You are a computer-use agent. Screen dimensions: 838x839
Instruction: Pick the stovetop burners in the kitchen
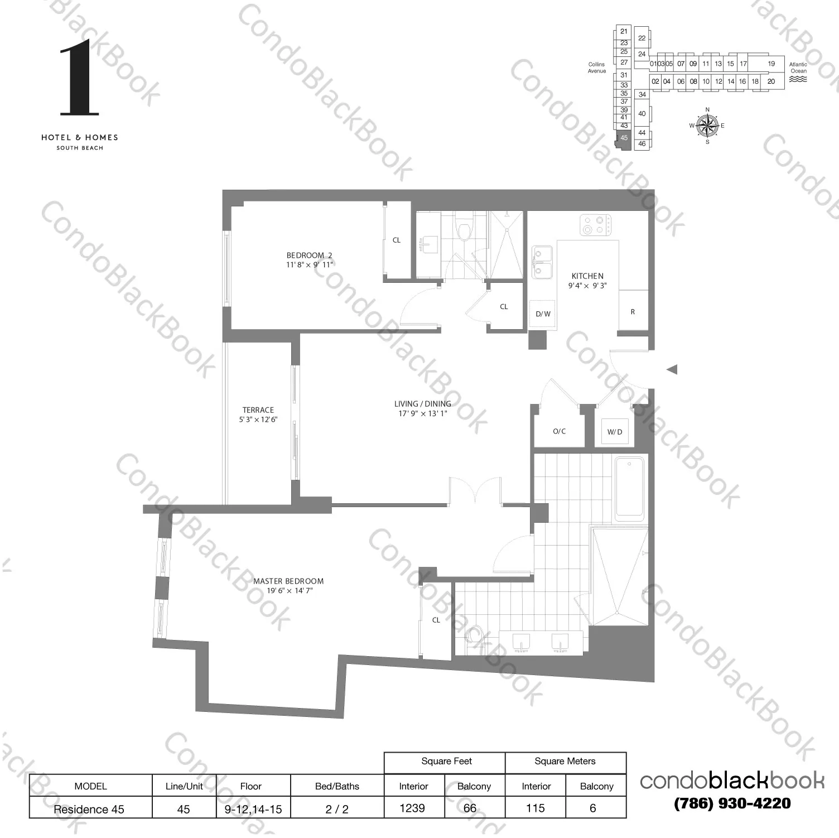pyautogui.click(x=595, y=225)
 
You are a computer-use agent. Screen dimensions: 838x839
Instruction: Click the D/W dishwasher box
pyautogui.click(x=543, y=314)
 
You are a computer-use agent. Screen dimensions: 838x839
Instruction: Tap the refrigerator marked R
pyautogui.click(x=633, y=311)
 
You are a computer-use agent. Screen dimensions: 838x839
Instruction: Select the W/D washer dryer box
pyautogui.click(x=614, y=432)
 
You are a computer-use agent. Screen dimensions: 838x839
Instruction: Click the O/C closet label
pyautogui.click(x=559, y=431)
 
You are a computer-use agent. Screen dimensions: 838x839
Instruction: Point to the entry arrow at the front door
pyautogui.click(x=672, y=369)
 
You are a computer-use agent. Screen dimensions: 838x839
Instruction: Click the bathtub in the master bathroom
pyautogui.click(x=629, y=488)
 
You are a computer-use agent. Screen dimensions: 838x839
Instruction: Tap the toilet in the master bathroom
pyautogui.click(x=474, y=634)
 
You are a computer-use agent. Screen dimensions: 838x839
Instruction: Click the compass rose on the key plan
pyautogui.click(x=707, y=126)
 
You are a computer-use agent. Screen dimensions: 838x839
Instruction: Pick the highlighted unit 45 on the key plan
pyautogui.click(x=624, y=138)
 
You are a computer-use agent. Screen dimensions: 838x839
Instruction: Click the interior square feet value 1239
pyautogui.click(x=412, y=808)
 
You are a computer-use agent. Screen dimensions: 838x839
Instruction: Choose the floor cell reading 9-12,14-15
pyautogui.click(x=253, y=809)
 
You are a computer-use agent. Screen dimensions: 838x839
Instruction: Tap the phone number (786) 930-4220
pyautogui.click(x=732, y=803)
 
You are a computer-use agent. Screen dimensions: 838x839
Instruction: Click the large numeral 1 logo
pyautogui.click(x=79, y=78)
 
